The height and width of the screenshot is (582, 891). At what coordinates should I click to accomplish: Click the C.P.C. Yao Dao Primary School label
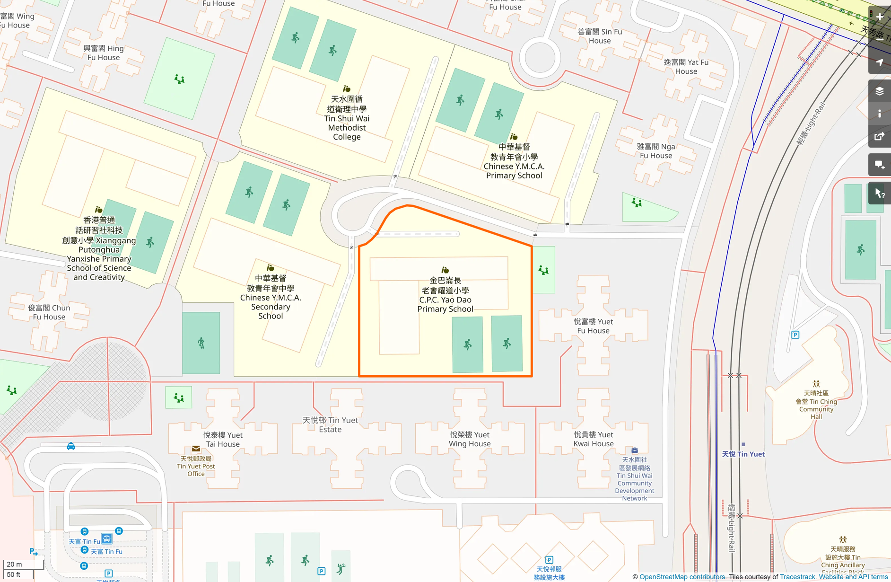pos(445,294)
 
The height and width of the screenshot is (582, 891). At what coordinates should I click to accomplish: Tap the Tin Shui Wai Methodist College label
pos(347,118)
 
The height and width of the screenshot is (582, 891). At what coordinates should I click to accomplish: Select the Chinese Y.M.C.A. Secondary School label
pos(271,297)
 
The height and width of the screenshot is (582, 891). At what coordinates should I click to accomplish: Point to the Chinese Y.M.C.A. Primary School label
pos(514,161)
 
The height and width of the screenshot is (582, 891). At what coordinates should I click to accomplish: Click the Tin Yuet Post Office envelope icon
pos(196,449)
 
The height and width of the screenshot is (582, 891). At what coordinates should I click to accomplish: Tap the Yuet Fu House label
pos(593,326)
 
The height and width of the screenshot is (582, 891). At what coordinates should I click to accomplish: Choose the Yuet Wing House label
pos(470,439)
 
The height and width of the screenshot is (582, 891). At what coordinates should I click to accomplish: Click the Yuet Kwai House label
pos(593,439)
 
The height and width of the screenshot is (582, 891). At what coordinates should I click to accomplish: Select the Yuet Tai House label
pos(223,440)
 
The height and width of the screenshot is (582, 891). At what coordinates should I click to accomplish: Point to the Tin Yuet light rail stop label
pos(743,454)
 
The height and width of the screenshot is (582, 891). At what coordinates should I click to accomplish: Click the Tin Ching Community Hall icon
pos(816,384)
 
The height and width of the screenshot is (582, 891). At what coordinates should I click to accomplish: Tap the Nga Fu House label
pos(656,151)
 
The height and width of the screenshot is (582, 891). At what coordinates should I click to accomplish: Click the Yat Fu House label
pos(686,67)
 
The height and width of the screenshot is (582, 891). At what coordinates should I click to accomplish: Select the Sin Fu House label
pos(600,36)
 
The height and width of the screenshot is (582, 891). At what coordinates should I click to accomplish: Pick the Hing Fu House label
pos(104,53)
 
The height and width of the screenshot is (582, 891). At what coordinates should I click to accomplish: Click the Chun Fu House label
pos(49,312)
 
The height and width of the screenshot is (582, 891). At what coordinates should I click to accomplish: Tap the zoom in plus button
pos(880,17)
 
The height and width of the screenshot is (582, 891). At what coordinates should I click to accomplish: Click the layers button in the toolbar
pos(880,91)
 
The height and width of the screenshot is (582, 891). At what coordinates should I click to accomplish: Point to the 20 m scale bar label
pos(15,564)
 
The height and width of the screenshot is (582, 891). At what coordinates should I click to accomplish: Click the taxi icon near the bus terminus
pos(71,446)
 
